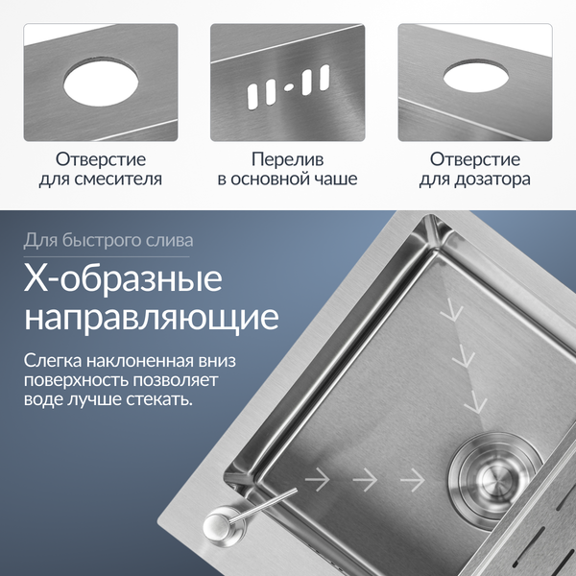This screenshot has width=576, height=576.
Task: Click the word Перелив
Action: pos(287,158)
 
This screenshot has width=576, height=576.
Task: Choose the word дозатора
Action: pos(493,179)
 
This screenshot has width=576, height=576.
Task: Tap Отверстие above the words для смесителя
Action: pos(101,158)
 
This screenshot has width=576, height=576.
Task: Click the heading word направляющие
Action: pos(152,317)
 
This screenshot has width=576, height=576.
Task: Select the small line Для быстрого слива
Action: pos(108,240)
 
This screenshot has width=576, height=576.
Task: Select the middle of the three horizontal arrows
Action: pos(366,478)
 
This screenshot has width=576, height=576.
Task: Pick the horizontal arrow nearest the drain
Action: pos(412,478)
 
